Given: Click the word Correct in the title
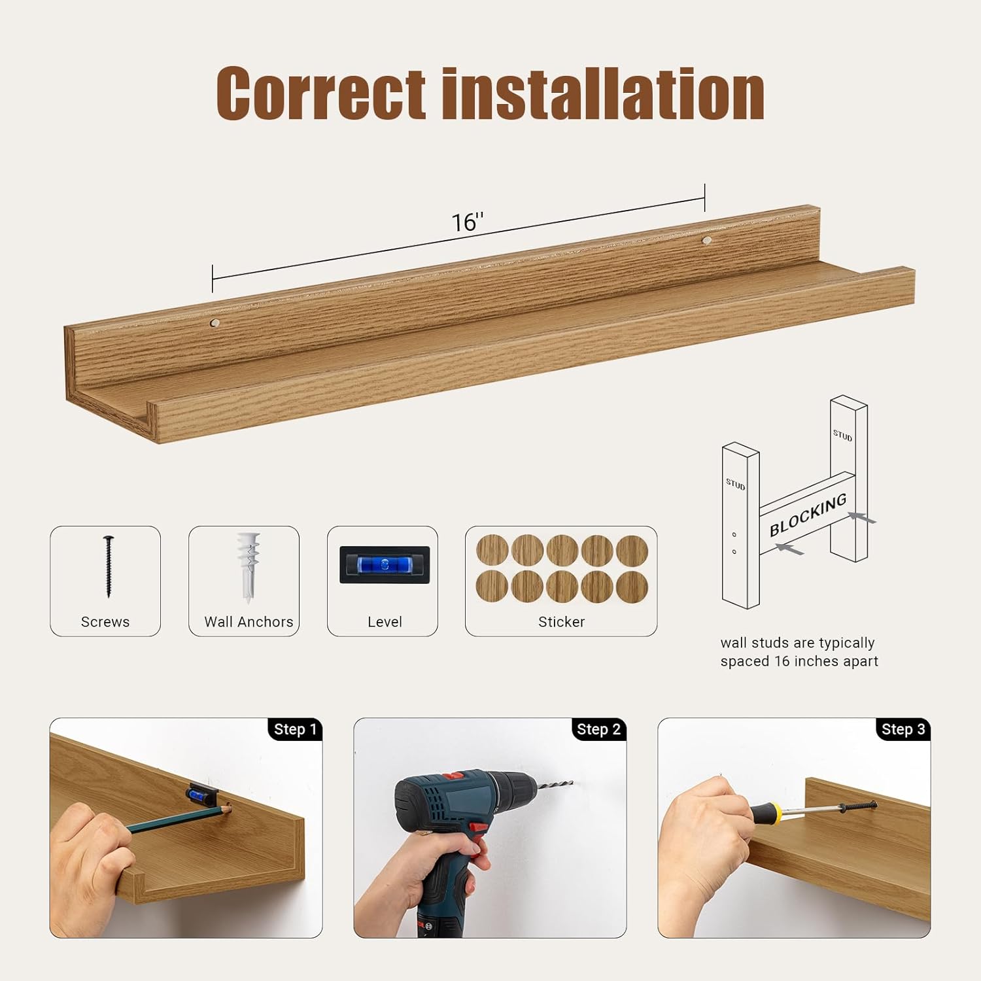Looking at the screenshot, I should click(320, 93).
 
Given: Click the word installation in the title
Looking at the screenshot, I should click(603, 93).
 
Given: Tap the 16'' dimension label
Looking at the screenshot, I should click(468, 222).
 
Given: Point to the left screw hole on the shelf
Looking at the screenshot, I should click(215, 322).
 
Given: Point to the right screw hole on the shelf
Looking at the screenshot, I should click(706, 241).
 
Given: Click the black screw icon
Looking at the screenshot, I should click(108, 566).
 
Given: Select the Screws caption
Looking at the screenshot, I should click(105, 622).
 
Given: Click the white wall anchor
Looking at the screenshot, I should click(248, 566).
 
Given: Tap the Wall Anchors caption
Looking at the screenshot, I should click(249, 622).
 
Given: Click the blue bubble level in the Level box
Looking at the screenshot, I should click(384, 564).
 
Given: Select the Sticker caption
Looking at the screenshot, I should click(561, 622).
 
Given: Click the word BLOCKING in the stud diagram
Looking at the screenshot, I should click(808, 515).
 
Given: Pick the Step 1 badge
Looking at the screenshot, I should click(295, 729).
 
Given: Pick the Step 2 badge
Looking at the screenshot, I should click(598, 729).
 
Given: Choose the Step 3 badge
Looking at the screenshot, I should click(903, 729).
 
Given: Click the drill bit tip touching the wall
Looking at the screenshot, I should click(570, 783).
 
